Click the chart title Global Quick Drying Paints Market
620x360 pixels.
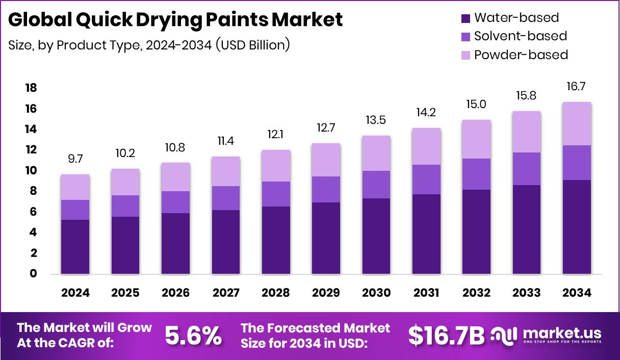pyautogui.click(x=175, y=19)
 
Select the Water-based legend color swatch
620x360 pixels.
pyautogui.click(x=464, y=18)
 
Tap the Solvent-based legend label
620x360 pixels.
pyautogui.click(x=520, y=36)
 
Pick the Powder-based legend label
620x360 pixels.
pyautogui.click(x=521, y=55)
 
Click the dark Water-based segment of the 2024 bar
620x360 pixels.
pyautogui.click(x=75, y=247)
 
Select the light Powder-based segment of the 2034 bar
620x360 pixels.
pyautogui.click(x=577, y=123)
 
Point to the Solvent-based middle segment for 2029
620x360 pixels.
pyautogui.click(x=326, y=189)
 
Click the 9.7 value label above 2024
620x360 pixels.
pyautogui.click(x=75, y=159)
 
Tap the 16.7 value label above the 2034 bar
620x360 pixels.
pyautogui.click(x=576, y=87)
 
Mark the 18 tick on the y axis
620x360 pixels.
pyautogui.click(x=31, y=88)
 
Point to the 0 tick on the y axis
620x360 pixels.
pyautogui.click(x=34, y=274)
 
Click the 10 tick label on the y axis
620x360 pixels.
pyautogui.click(x=31, y=171)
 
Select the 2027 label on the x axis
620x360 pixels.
pyautogui.click(x=225, y=293)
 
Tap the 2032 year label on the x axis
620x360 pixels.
pyautogui.click(x=476, y=293)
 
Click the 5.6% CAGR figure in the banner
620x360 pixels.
pyautogui.click(x=193, y=335)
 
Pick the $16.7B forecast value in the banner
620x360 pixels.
pyautogui.click(x=447, y=335)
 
